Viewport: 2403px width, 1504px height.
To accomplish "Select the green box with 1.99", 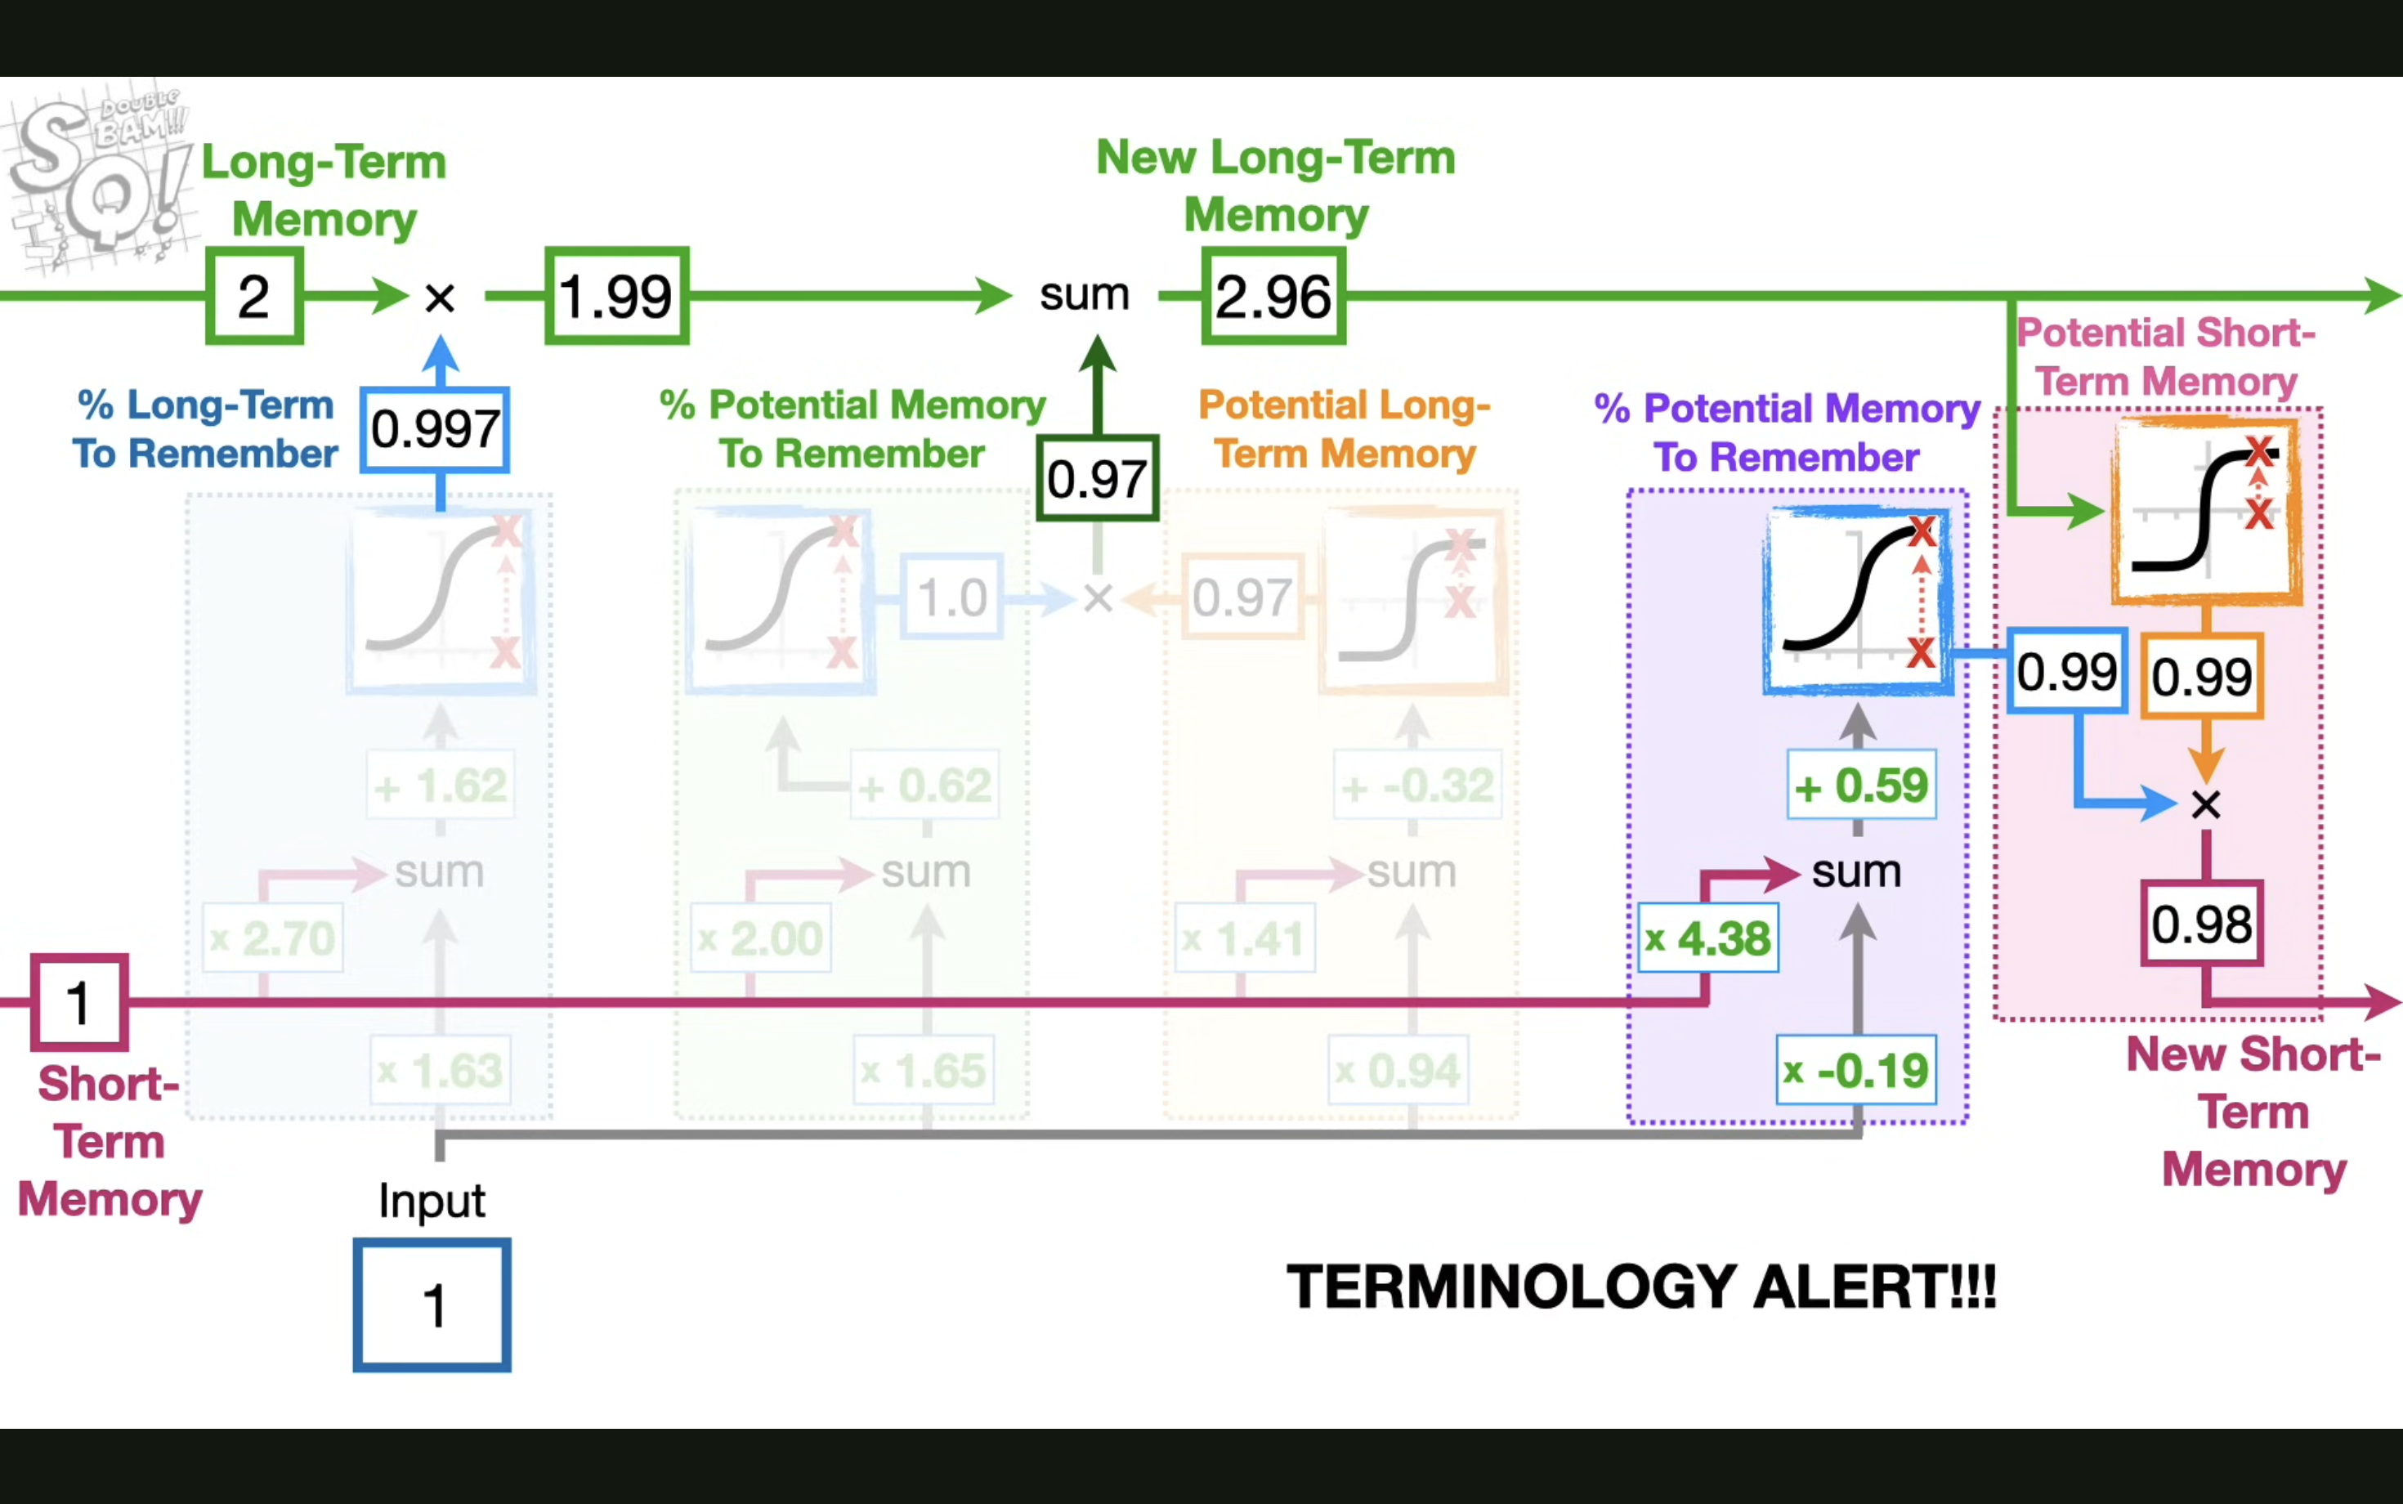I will (616, 297).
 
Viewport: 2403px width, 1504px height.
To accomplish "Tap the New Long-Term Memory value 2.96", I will (1273, 297).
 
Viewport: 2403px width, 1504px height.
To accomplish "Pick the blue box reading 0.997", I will (435, 430).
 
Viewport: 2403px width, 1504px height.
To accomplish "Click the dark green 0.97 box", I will (1097, 478).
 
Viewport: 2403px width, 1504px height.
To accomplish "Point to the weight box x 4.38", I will (1707, 938).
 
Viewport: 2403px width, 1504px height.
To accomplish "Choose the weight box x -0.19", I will (1856, 1070).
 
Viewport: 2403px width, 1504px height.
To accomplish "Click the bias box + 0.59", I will (1861, 785).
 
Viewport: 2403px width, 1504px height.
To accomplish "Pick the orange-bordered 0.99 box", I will (2201, 677).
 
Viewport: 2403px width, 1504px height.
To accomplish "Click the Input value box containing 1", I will (432, 1305).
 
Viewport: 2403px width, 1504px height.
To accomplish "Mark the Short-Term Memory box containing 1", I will (79, 1001).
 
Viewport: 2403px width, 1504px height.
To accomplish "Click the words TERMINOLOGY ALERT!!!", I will (1641, 1287).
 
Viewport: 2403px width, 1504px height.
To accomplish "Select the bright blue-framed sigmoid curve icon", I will (1857, 600).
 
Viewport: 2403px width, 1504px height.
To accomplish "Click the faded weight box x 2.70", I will (272, 938).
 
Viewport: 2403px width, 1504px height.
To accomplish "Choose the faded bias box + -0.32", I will (1417, 786).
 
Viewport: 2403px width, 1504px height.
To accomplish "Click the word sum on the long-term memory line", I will (1084, 294).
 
